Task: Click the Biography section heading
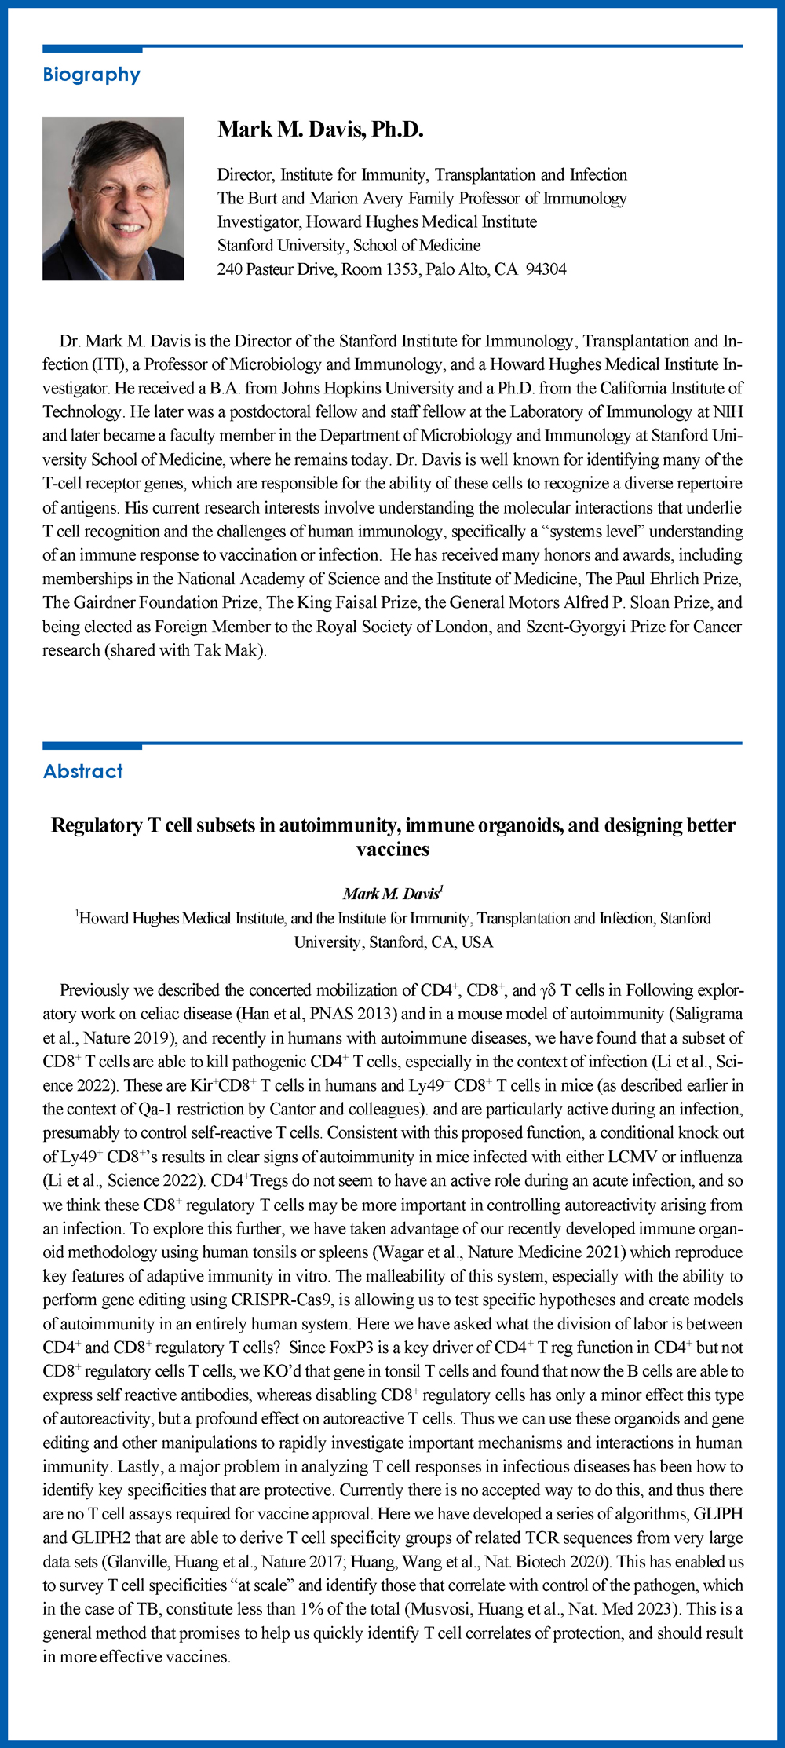(91, 75)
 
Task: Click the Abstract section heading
(83, 771)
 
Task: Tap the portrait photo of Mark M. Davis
(113, 199)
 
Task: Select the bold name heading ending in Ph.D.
(320, 130)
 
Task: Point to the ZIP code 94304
(546, 269)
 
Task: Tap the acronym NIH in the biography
(728, 411)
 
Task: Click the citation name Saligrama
(706, 1014)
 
